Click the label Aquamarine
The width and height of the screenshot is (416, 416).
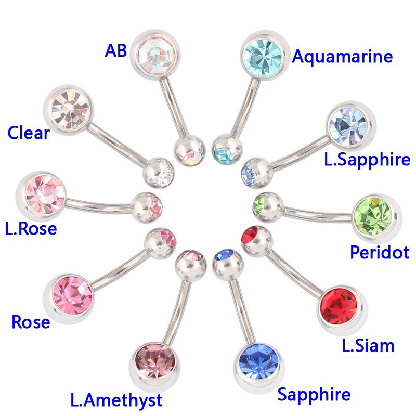pyautogui.click(x=342, y=56)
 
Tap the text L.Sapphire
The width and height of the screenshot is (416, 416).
pyautogui.click(x=367, y=159)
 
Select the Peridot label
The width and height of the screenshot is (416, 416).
pyautogui.click(x=380, y=252)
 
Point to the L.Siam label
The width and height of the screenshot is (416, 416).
pyautogui.click(x=368, y=346)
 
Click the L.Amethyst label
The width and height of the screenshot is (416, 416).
pyautogui.click(x=116, y=400)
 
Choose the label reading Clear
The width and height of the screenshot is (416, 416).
pyautogui.click(x=29, y=133)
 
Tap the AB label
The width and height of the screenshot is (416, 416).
pyautogui.click(x=115, y=50)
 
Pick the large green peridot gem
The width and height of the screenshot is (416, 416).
pyautogui.click(x=373, y=217)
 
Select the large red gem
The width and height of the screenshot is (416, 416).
pyautogui.click(x=339, y=306)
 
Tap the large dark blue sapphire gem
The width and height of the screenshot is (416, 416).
pyautogui.click(x=259, y=362)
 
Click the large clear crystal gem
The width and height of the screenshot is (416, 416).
pyautogui.click(x=70, y=110)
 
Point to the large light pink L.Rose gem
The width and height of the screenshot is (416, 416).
pyautogui.click(x=45, y=194)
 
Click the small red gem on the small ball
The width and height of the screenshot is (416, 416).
pyautogui.click(x=250, y=235)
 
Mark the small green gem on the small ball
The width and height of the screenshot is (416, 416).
pyautogui.click(x=258, y=205)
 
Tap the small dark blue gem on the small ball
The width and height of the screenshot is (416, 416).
pyautogui.click(x=225, y=255)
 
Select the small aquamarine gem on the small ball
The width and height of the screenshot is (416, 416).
pyautogui.click(x=224, y=155)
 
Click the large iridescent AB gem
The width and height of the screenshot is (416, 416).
pyautogui.click(x=156, y=55)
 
